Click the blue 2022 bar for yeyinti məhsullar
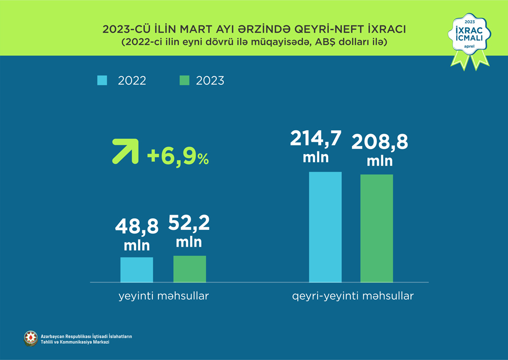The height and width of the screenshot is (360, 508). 137,269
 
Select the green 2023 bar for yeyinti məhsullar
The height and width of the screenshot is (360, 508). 189,268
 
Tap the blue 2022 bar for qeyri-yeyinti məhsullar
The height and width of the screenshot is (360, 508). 325,227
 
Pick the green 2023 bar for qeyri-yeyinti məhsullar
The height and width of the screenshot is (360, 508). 377,228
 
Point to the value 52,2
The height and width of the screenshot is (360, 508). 189,223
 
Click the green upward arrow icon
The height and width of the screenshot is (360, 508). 125,151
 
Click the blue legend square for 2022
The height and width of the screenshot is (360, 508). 102,80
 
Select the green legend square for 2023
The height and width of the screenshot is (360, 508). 184,80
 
